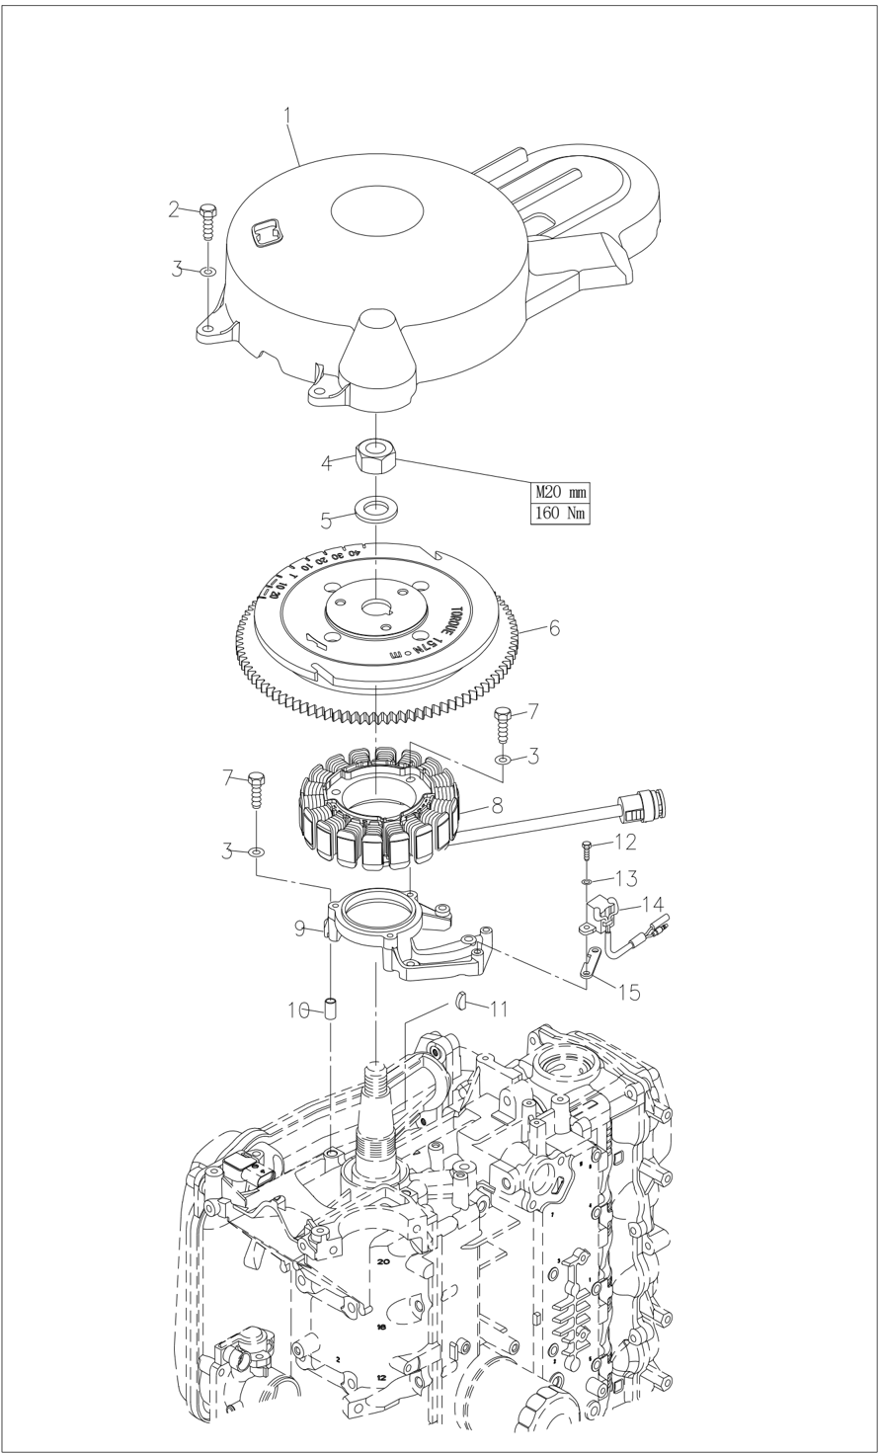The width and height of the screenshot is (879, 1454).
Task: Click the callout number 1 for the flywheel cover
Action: [x=287, y=116]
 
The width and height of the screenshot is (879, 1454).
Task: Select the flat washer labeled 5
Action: [x=375, y=511]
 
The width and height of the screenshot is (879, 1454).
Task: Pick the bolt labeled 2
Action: [x=208, y=222]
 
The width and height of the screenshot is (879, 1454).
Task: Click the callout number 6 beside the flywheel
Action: [x=554, y=628]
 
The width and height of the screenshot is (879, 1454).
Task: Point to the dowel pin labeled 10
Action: [x=333, y=1010]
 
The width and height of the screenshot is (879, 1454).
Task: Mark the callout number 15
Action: [x=628, y=992]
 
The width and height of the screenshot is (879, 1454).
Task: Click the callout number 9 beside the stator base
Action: [x=300, y=929]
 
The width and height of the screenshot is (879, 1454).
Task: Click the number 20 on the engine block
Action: [x=383, y=1261]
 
